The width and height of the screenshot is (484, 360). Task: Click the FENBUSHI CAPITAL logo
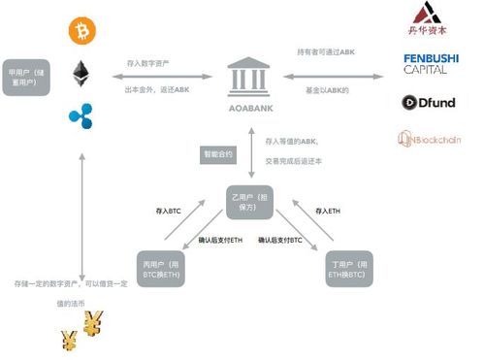tap(431, 65)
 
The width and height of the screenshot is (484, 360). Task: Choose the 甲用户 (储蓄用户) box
tap(26, 78)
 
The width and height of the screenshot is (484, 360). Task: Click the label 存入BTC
tap(168, 210)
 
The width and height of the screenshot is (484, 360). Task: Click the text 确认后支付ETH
tap(220, 240)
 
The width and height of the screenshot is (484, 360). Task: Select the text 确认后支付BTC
tap(280, 240)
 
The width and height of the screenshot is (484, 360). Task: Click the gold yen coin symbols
tap(81, 332)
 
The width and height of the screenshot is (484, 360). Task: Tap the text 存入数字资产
tap(147, 63)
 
